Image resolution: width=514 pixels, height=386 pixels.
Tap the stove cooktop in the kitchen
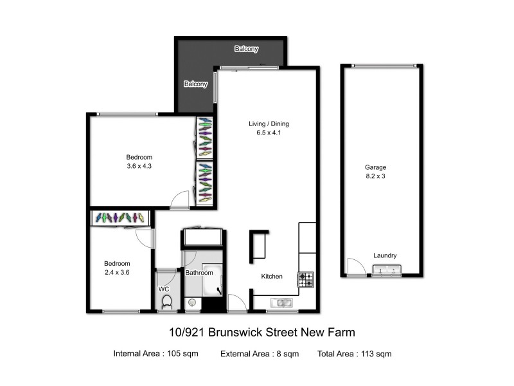[x=306, y=280]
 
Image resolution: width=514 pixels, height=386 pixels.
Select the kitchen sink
[x=281, y=302]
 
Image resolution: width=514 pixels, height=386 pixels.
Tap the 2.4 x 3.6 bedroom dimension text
[x=118, y=272]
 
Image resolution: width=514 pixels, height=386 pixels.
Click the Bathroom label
[x=199, y=273]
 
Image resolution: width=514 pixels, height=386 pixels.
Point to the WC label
[x=164, y=289]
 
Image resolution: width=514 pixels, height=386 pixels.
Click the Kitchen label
[x=271, y=277]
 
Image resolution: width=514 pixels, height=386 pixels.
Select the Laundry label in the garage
[x=385, y=255]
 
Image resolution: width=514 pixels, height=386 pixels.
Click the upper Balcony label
[x=246, y=49]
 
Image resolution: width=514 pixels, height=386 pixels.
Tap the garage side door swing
[x=353, y=266]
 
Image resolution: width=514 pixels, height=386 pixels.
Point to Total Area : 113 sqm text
[x=354, y=353]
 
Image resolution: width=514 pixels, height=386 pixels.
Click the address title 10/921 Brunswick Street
[x=257, y=333]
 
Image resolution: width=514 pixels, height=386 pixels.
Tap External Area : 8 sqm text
[x=259, y=353]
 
